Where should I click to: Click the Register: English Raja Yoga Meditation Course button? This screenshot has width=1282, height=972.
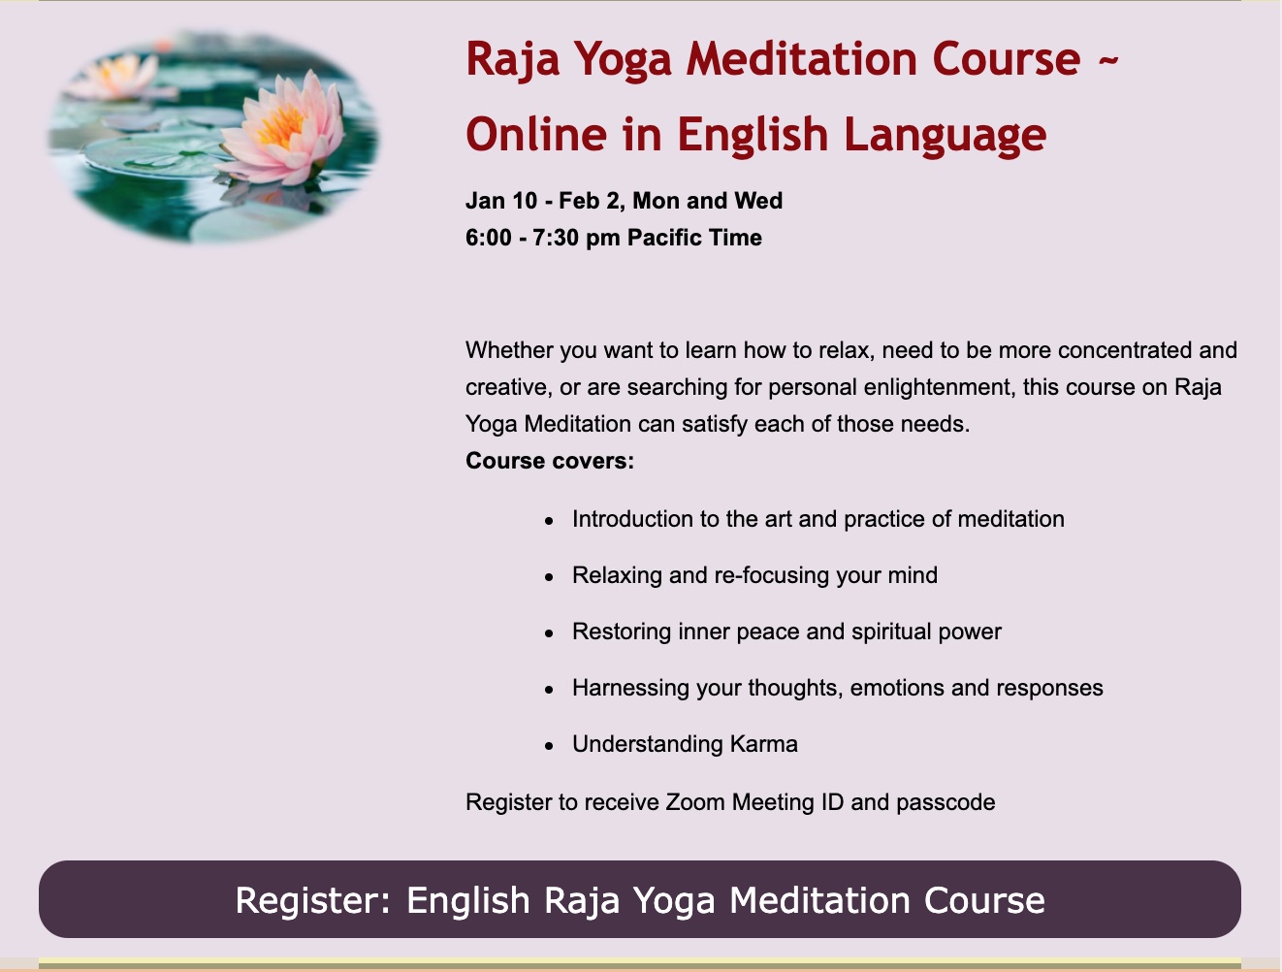pyautogui.click(x=639, y=898)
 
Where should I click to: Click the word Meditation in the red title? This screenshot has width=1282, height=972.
pyautogui.click(x=801, y=59)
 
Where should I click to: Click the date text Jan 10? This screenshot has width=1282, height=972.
pyautogui.click(x=501, y=201)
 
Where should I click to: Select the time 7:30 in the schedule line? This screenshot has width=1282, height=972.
pyautogui.click(x=556, y=238)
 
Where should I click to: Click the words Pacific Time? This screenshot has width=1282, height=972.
pyautogui.click(x=694, y=238)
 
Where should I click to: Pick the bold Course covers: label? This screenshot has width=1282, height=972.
pyautogui.click(x=550, y=461)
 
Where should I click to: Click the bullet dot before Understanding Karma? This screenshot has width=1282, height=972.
pyautogui.click(x=549, y=745)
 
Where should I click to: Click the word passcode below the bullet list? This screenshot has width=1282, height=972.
pyautogui.click(x=945, y=803)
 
